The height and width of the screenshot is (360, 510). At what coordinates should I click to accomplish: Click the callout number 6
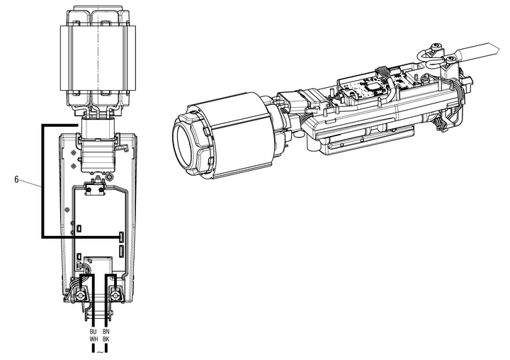(16, 179)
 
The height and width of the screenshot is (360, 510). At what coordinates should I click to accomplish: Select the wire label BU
(93, 332)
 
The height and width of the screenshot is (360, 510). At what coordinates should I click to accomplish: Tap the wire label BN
(106, 332)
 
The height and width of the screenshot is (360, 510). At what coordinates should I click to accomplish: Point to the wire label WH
(93, 339)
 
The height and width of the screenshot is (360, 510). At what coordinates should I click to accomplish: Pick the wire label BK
(106, 339)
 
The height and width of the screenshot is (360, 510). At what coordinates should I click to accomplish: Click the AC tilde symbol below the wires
(100, 352)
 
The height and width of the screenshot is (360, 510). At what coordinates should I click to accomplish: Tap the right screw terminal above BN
(115, 296)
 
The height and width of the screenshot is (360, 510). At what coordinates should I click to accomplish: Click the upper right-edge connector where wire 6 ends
(122, 237)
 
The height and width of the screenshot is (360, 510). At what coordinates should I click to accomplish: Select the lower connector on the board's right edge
(122, 251)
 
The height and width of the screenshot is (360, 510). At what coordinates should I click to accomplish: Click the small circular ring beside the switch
(110, 176)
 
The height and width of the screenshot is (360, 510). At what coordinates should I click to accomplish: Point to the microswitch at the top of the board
(95, 189)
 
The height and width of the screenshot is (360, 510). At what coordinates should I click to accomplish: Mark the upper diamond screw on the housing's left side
(73, 152)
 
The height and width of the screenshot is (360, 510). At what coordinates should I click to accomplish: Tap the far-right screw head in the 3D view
(450, 60)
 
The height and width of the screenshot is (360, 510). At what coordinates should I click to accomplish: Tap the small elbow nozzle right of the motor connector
(123, 148)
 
